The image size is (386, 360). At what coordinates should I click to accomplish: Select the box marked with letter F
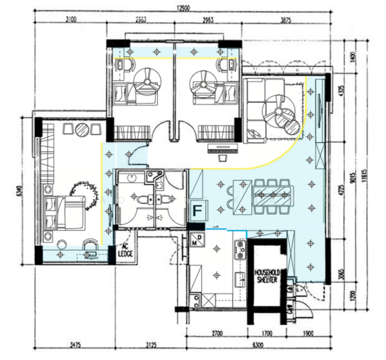tap(198, 211)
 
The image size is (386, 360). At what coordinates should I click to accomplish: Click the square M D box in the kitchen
tap(197, 241)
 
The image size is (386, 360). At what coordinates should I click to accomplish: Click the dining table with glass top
tap(273, 196)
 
